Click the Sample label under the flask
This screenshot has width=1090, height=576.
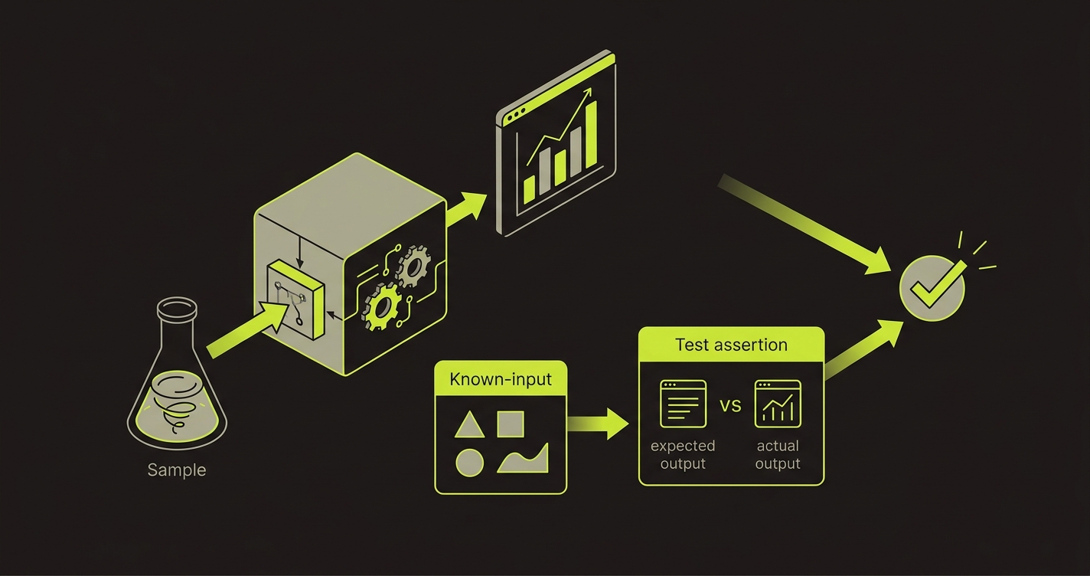pyautogui.click(x=177, y=470)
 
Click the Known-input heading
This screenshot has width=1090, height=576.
pyautogui.click(x=501, y=379)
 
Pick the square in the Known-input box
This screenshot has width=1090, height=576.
pyautogui.click(x=511, y=424)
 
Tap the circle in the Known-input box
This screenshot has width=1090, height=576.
pyautogui.click(x=469, y=463)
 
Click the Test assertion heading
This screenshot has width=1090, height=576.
pyautogui.click(x=731, y=344)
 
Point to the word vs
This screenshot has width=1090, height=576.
pyautogui.click(x=731, y=404)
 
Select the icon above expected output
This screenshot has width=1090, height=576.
pyautogui.click(x=683, y=404)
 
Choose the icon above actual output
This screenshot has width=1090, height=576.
pyautogui.click(x=778, y=404)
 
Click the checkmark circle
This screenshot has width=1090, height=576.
pyautogui.click(x=932, y=289)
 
